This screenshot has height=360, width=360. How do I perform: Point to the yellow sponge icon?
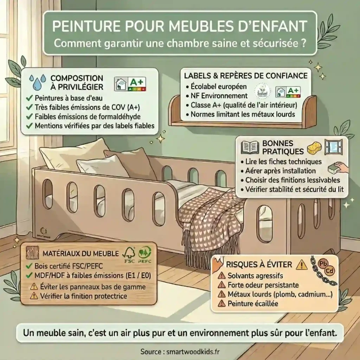315,148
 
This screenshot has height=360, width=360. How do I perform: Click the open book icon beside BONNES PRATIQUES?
250,148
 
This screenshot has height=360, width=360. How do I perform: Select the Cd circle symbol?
330,271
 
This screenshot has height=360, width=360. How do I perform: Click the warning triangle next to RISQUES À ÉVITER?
301,264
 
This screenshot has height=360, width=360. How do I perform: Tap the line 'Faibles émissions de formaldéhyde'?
87,116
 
